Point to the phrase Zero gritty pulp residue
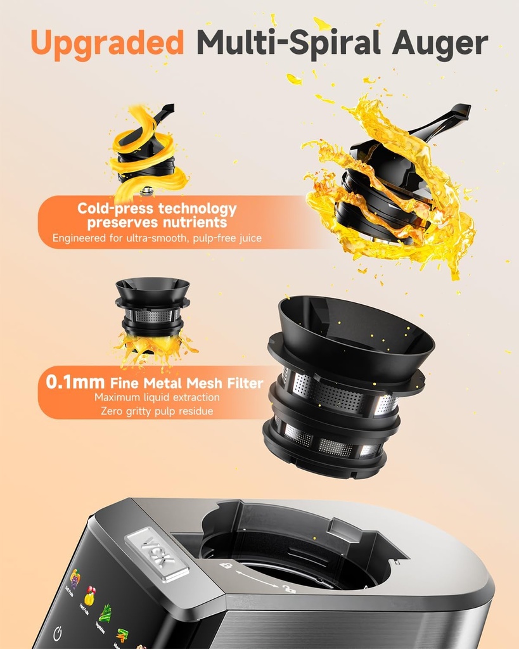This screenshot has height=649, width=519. [x=157, y=411]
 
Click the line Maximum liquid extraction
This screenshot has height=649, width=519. [x=157, y=397]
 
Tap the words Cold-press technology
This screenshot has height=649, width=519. [x=157, y=209]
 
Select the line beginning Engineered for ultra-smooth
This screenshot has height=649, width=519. [x=157, y=238]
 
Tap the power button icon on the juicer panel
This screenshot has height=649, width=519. [x=58, y=634]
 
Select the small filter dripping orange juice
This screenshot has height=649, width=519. [x=153, y=314]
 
